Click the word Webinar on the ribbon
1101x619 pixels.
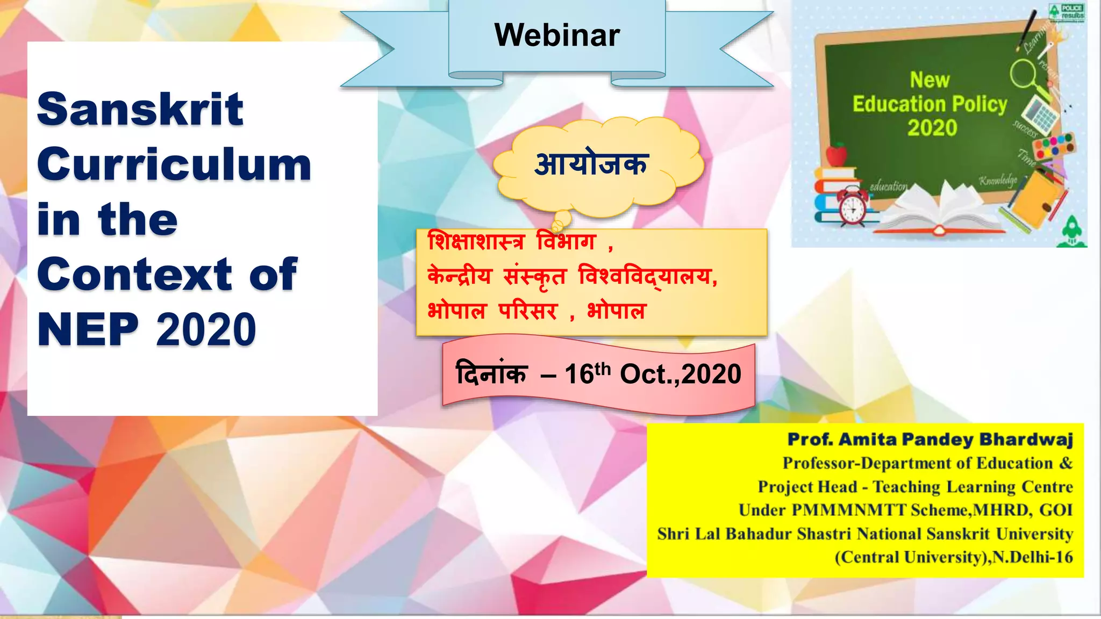tap(557, 35)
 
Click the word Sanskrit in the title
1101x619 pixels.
tap(140, 110)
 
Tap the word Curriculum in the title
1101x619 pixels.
tap(174, 165)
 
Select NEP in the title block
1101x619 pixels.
tap(88, 329)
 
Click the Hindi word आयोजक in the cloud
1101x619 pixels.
tap(591, 164)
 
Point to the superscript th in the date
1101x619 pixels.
tap(603, 368)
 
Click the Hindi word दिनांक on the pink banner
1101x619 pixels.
tap(491, 373)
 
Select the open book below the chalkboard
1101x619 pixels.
tap(941, 212)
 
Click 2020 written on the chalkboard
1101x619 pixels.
tap(932, 128)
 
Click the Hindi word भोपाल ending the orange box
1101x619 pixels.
tap(616, 311)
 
